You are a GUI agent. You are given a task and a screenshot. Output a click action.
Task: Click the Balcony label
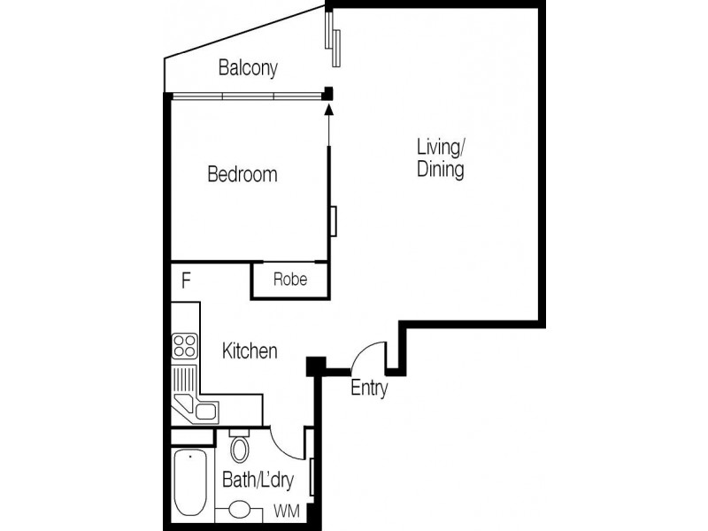tap(249, 67)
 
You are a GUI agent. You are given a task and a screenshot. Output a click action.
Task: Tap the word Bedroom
tap(242, 174)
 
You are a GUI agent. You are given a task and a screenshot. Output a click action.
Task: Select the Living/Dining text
tap(440, 158)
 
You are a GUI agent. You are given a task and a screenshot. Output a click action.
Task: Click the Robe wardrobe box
tap(290, 280)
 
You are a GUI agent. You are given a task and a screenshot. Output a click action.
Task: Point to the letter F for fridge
tap(187, 281)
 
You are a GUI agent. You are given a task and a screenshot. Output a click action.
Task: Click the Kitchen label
tap(250, 351)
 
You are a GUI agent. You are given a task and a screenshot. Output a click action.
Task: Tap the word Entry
tap(369, 388)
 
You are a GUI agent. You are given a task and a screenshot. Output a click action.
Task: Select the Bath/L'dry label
tap(258, 482)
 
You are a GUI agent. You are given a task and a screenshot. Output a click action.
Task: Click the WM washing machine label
tap(286, 511)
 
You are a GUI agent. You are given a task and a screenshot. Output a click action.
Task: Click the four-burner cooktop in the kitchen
tap(185, 345)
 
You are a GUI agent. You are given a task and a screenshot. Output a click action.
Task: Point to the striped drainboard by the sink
tap(184, 381)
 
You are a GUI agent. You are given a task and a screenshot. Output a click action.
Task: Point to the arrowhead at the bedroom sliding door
tap(328, 110)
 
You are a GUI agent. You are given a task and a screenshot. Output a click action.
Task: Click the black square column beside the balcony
tap(327, 92)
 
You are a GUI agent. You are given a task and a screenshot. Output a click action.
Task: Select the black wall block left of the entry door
tap(316, 365)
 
